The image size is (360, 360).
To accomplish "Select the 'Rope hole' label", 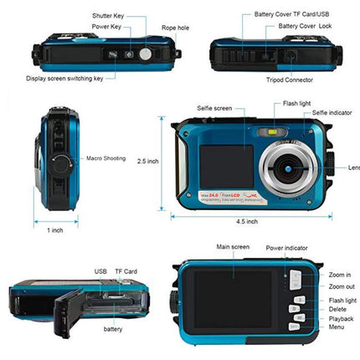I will [x=175, y=28].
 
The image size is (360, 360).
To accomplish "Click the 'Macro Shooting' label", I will [x=105, y=157].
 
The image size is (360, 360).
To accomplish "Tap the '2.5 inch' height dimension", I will [x=148, y=161].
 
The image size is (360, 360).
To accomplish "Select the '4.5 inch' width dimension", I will [x=247, y=221].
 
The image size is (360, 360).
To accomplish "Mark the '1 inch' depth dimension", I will [x=54, y=230].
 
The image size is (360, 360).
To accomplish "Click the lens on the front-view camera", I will [x=286, y=167].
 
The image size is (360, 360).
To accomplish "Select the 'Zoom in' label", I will [x=340, y=275].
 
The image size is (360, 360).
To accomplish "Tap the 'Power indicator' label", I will [x=286, y=248].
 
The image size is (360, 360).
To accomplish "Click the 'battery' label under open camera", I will [x=113, y=330].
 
